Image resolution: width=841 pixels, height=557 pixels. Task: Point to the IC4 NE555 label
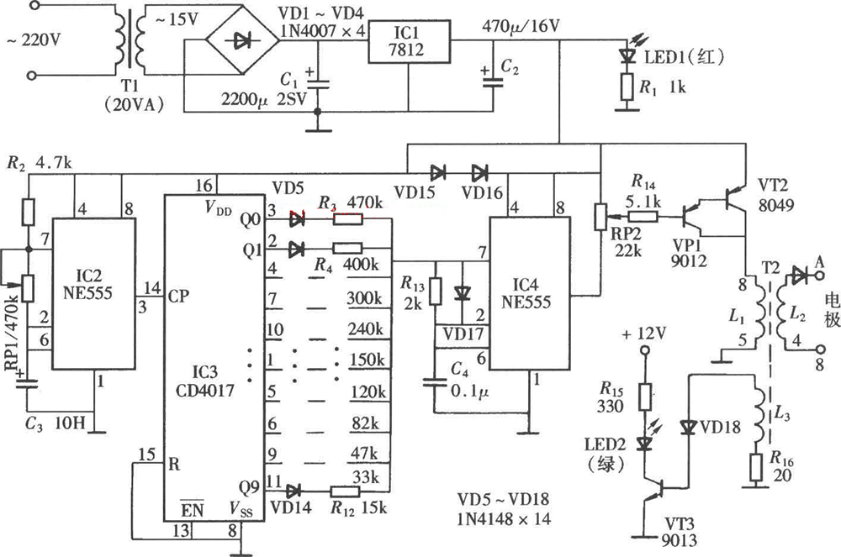(524, 294)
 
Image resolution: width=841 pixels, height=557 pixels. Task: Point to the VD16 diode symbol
(479, 173)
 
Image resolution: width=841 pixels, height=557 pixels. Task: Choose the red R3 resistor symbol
(348, 219)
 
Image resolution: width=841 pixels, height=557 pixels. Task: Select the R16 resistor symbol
(756, 464)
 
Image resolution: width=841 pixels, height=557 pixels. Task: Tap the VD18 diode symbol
(688, 428)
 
